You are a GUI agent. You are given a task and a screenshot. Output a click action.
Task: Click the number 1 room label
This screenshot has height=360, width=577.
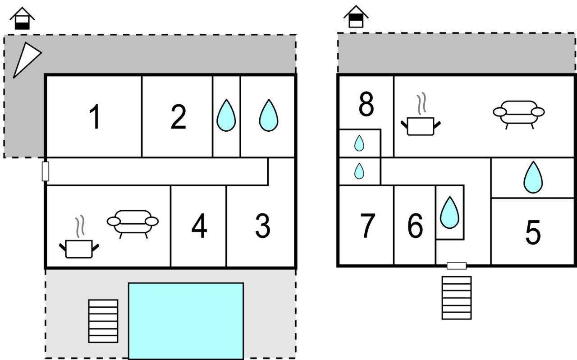(95, 116)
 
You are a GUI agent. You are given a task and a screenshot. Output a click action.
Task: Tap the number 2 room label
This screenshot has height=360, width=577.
(178, 116)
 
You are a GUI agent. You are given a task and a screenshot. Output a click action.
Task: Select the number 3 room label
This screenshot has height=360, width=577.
(263, 226)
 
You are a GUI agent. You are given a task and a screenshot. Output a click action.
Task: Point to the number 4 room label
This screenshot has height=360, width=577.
(199, 226)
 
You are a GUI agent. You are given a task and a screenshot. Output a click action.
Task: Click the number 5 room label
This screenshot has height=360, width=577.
(533, 232)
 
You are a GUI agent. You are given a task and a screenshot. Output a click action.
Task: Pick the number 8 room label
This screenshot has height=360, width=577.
(366, 104)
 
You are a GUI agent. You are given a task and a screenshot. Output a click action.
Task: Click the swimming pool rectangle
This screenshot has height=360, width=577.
(186, 321)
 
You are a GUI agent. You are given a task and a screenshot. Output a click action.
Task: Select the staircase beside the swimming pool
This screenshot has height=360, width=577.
(103, 321)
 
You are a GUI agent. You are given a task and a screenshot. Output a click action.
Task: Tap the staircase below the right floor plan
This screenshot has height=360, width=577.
(457, 298)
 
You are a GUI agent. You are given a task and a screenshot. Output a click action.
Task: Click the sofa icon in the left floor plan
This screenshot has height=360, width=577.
(133, 224)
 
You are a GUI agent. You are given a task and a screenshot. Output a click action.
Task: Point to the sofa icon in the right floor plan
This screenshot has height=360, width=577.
(519, 115)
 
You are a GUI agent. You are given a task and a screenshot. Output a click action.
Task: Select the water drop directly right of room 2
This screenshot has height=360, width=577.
(226, 115)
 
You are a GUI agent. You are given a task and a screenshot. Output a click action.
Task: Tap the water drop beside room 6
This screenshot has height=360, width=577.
(449, 212)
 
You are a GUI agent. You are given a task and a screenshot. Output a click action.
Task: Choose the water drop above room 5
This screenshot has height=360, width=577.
(533, 177)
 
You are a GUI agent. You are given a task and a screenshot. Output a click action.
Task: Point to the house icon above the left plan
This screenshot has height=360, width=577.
(22, 18)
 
